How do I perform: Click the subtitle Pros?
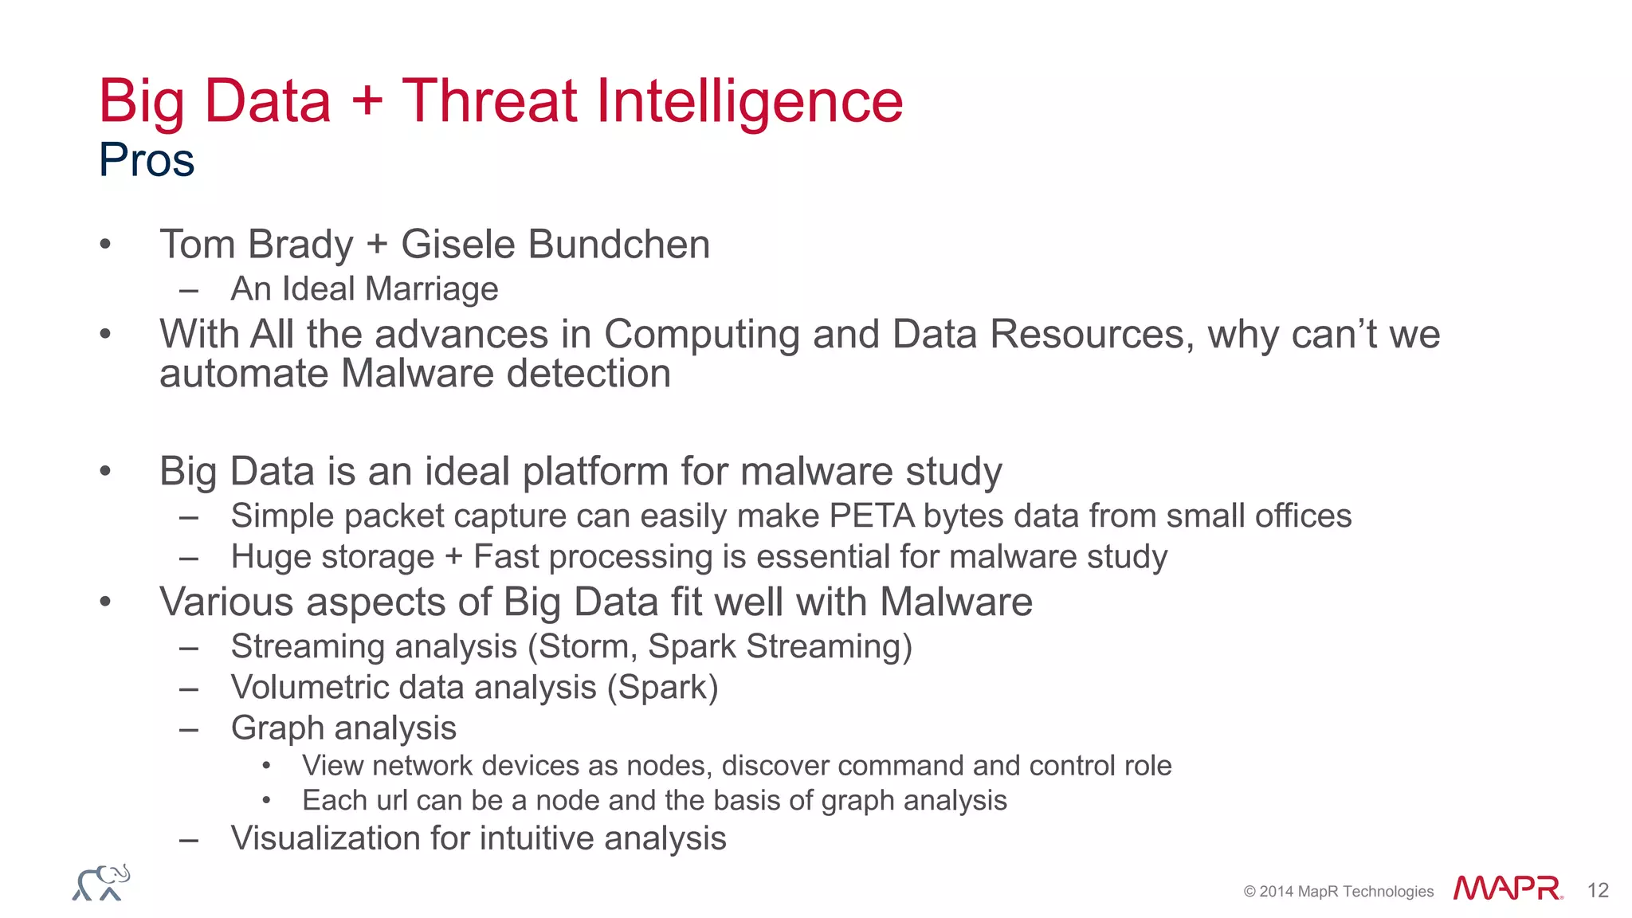[x=147, y=160]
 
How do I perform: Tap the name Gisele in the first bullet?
[x=458, y=244]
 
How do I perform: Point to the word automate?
[x=243, y=374]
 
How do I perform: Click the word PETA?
[x=872, y=516]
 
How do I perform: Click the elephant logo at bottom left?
[x=101, y=883]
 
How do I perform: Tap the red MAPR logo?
[x=1507, y=888]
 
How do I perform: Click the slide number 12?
[x=1598, y=890]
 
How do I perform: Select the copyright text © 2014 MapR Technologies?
[x=1338, y=892]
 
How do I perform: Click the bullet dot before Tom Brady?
[x=105, y=245]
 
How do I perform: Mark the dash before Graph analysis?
[x=189, y=729]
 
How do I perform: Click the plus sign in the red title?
[x=367, y=103]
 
